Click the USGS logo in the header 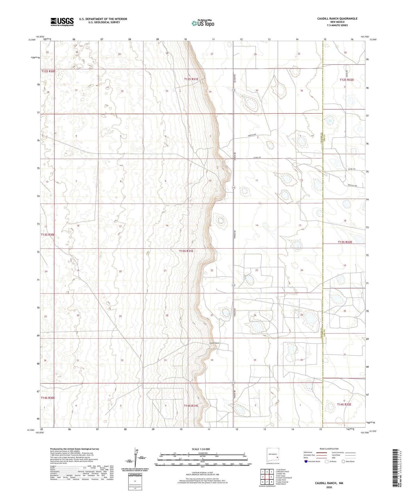62,22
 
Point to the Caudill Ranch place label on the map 214,343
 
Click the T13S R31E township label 186,251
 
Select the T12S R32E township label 347,80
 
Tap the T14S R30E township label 48,398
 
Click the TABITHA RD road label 252,135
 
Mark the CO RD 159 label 351,169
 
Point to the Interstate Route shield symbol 306,461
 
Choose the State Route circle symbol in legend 344,461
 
